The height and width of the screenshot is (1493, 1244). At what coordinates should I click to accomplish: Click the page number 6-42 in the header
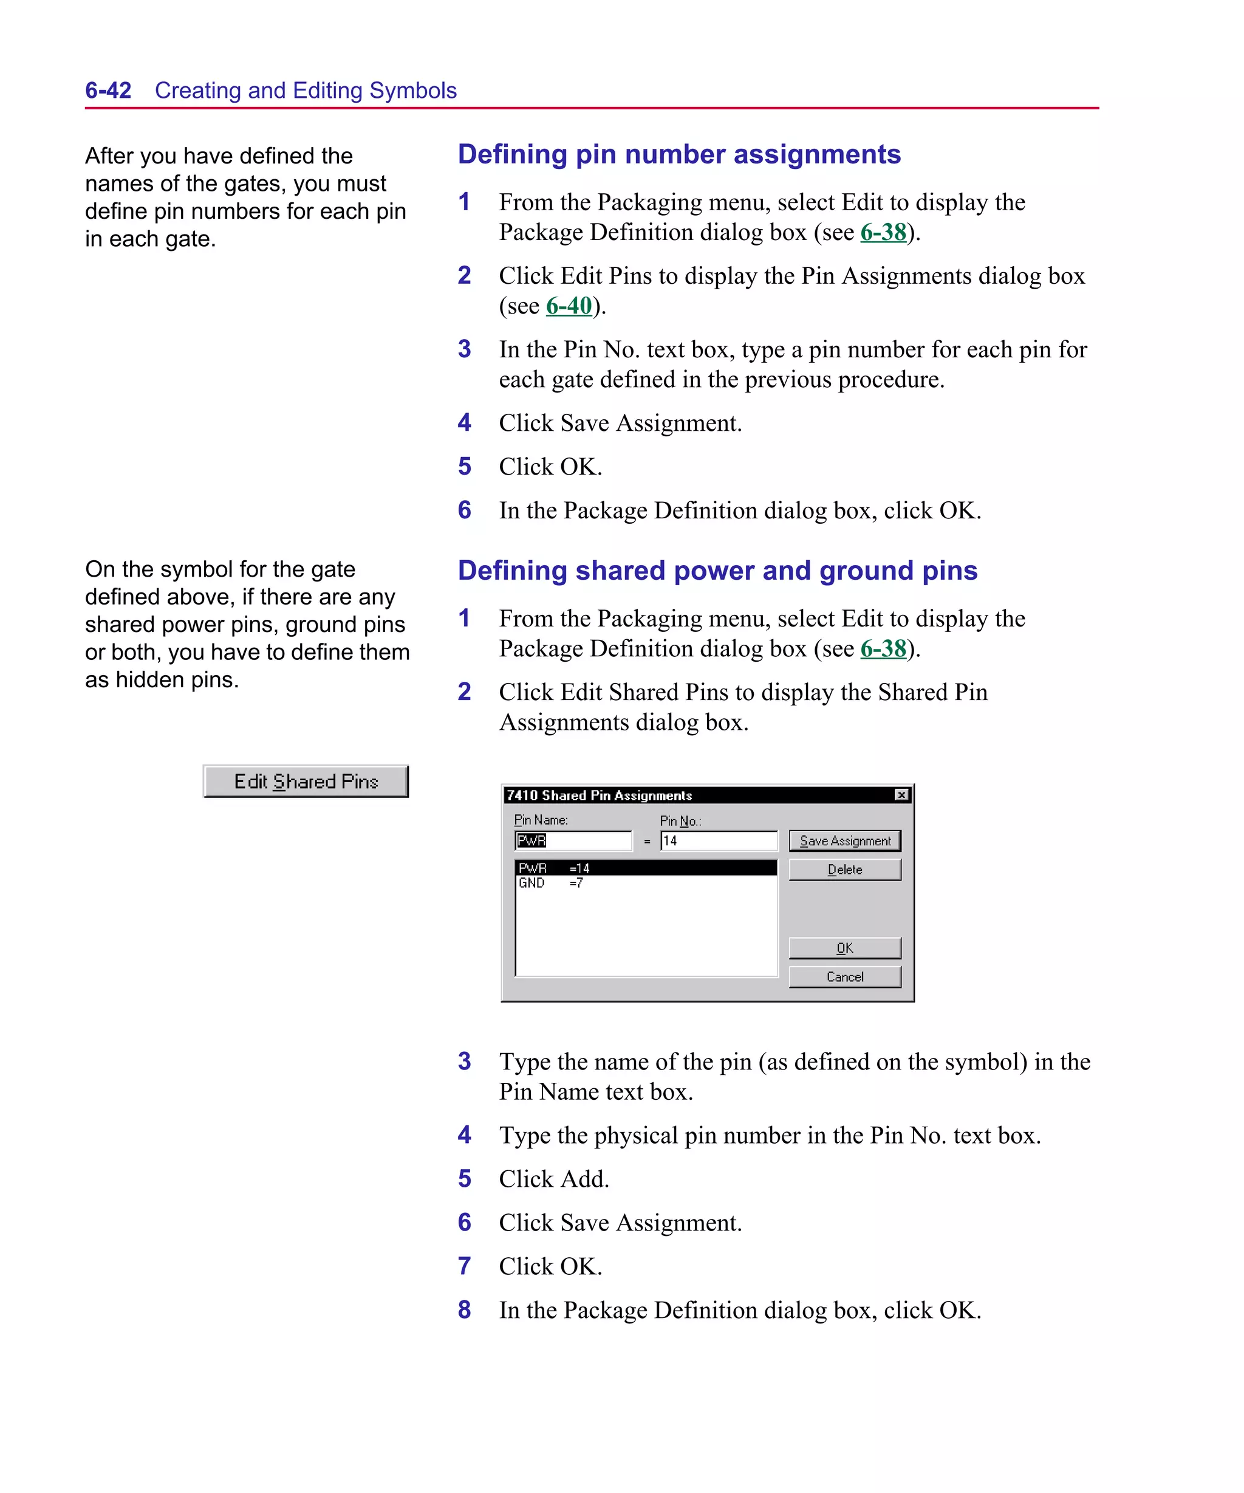coord(108,91)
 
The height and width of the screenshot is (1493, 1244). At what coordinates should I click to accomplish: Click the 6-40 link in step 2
coord(568,306)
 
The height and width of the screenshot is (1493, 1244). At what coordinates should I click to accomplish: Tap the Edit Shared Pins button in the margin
coord(306,781)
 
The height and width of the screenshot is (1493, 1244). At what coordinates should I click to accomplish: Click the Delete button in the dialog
coord(844,870)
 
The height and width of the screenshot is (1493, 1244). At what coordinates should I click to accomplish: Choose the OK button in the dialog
coord(844,948)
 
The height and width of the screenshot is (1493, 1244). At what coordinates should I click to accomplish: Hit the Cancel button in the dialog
coord(844,977)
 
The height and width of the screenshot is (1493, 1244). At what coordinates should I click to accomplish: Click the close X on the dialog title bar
coord(901,795)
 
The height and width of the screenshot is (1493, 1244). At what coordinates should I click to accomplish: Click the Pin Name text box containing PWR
coord(573,840)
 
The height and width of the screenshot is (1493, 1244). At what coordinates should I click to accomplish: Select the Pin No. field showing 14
coord(718,840)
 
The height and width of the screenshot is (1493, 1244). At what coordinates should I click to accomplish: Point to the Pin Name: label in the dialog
coord(540,820)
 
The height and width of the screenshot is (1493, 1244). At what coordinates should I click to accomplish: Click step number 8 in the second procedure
coord(464,1309)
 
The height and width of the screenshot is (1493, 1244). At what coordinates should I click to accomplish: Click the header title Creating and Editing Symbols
coord(306,91)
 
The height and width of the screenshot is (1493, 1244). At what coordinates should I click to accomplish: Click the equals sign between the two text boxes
coord(646,841)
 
